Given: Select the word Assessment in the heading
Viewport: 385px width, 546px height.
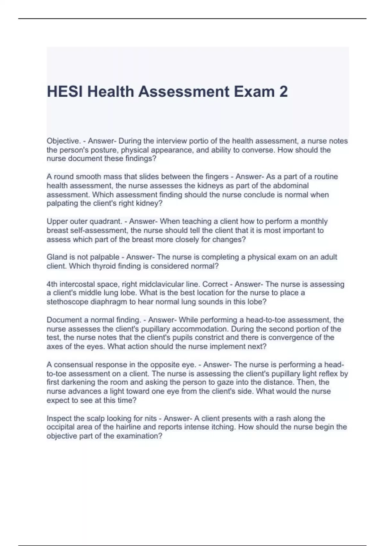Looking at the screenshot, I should [x=184, y=92].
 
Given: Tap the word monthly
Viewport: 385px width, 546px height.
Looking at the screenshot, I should [x=312, y=221].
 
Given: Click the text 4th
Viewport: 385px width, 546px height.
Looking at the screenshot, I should [x=52, y=284].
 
